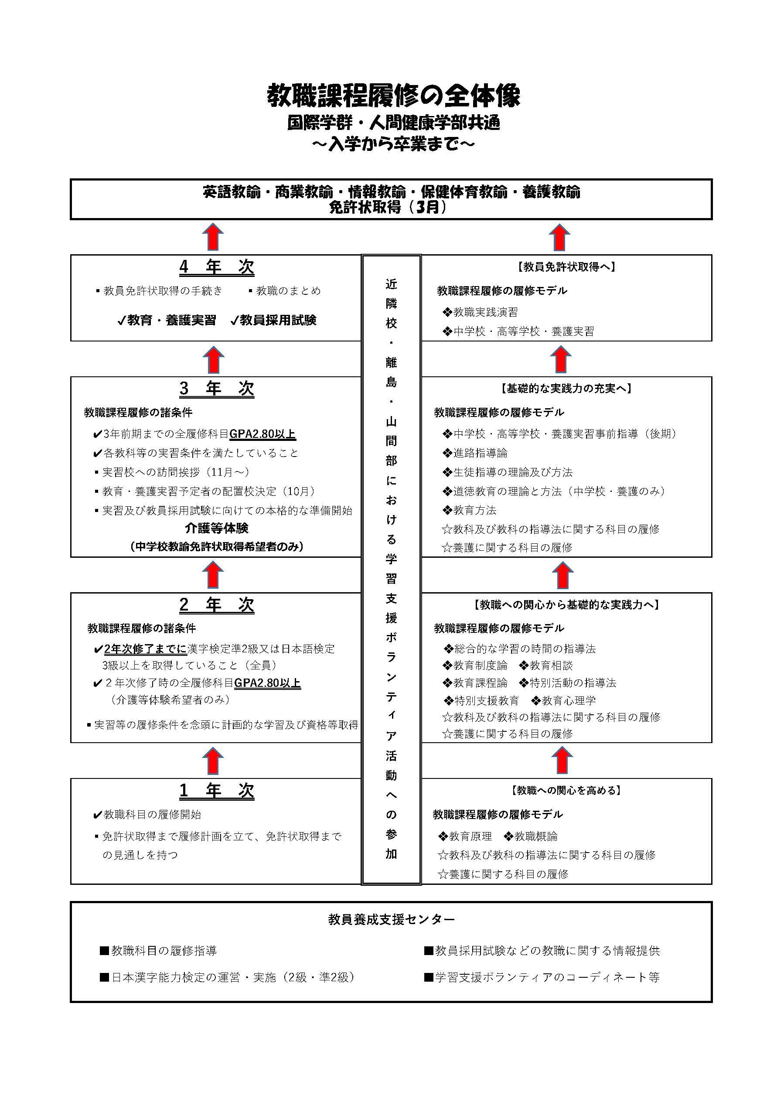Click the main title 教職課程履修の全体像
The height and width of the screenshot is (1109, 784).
point(394,96)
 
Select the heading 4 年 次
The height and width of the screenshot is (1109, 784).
point(216,267)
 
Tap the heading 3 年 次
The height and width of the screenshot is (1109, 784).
point(216,389)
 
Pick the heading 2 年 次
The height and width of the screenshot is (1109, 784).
point(216,605)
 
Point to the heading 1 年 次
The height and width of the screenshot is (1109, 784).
point(216,791)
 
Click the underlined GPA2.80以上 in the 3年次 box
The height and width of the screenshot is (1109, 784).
point(262,434)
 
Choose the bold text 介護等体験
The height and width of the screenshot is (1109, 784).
point(216,529)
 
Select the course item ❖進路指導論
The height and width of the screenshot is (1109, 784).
point(475,453)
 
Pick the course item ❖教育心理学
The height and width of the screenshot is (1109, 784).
point(563,700)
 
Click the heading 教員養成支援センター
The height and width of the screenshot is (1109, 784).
point(391,920)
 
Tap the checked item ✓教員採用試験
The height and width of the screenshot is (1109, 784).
point(273,320)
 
